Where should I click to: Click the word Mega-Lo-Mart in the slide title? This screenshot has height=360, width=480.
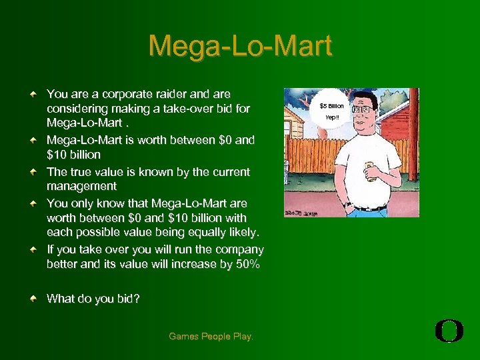pos(240,47)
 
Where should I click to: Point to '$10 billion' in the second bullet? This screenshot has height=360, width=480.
pos(73,155)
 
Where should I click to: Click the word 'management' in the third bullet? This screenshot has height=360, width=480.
pos(81,187)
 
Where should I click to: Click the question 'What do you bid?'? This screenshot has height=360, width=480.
pos(93,299)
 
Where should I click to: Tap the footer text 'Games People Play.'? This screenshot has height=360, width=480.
pos(211,337)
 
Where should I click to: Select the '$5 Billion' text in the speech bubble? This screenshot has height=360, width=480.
pos(331,106)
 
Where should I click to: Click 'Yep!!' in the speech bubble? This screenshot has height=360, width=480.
pos(331,118)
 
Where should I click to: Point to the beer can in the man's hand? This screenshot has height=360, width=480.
pos(367,170)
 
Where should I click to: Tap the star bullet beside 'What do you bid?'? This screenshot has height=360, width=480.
pos(33,299)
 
